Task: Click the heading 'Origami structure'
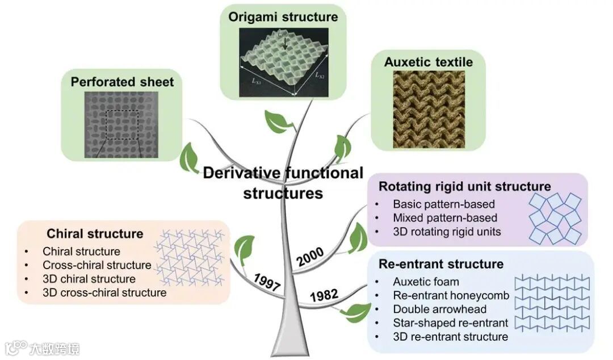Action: pyautogui.click(x=283, y=16)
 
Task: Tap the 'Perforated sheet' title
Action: pyautogui.click(x=122, y=82)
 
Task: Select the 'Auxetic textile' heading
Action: pyautogui.click(x=428, y=62)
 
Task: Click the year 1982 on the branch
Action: pyautogui.click(x=324, y=295)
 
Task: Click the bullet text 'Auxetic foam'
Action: pyautogui.click(x=426, y=282)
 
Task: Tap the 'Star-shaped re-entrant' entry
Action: pyautogui.click(x=450, y=323)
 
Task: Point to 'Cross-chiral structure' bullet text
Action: pyautogui.click(x=96, y=265)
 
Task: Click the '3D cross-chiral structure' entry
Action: pyautogui.click(x=104, y=292)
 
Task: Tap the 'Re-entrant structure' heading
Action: pyautogui.click(x=440, y=264)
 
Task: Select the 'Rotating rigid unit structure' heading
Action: pyautogui.click(x=464, y=187)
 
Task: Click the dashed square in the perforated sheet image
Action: pyautogui.click(x=122, y=125)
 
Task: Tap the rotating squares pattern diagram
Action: pyautogui.click(x=555, y=218)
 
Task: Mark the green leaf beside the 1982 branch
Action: pyautogui.click(x=357, y=311)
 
